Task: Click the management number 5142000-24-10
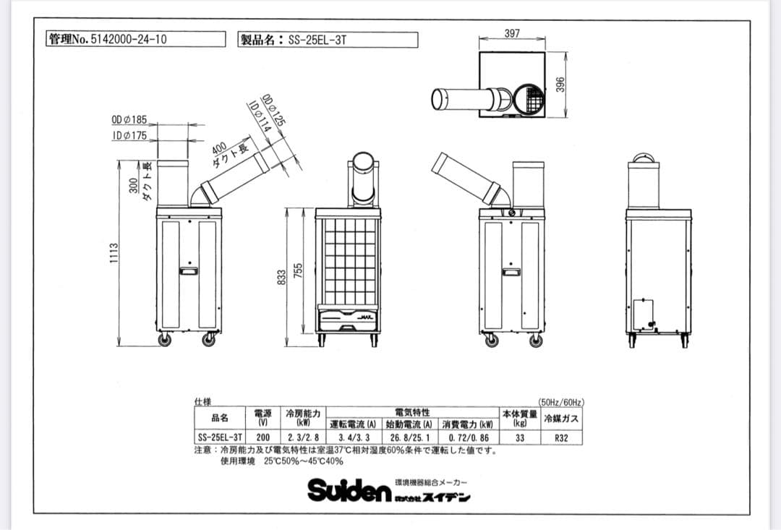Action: click(x=126, y=40)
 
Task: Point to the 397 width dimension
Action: click(x=511, y=34)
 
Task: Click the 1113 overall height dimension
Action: click(x=113, y=254)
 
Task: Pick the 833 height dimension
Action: click(x=281, y=276)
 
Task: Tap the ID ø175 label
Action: click(x=129, y=135)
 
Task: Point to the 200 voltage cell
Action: click(x=263, y=437)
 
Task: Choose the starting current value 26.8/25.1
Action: click(x=410, y=437)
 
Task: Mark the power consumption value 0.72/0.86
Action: click(x=468, y=437)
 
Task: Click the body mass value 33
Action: click(x=519, y=437)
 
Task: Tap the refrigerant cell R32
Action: click(x=560, y=437)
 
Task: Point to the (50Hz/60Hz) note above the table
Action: click(x=561, y=401)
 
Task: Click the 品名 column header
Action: click(x=220, y=417)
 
